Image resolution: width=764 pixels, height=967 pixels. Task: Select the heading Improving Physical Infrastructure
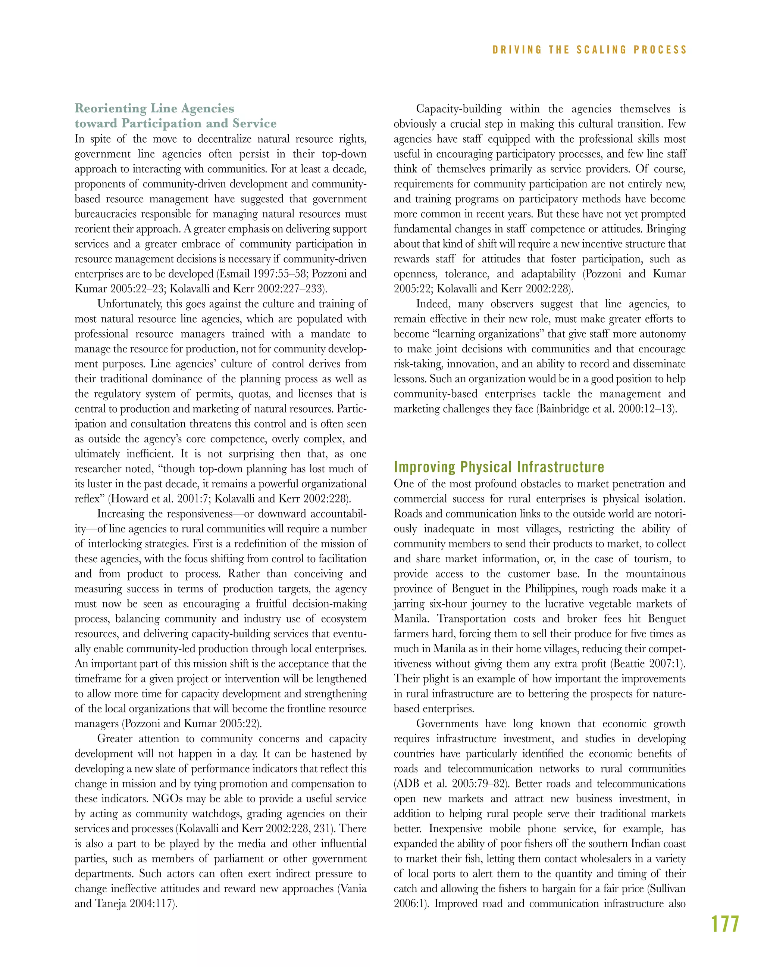tap(499, 467)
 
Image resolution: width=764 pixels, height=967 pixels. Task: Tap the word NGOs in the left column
tap(168, 799)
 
